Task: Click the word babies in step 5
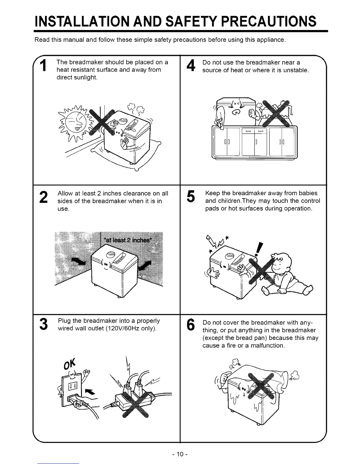(x=306, y=193)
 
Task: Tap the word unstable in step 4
(x=295, y=70)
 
